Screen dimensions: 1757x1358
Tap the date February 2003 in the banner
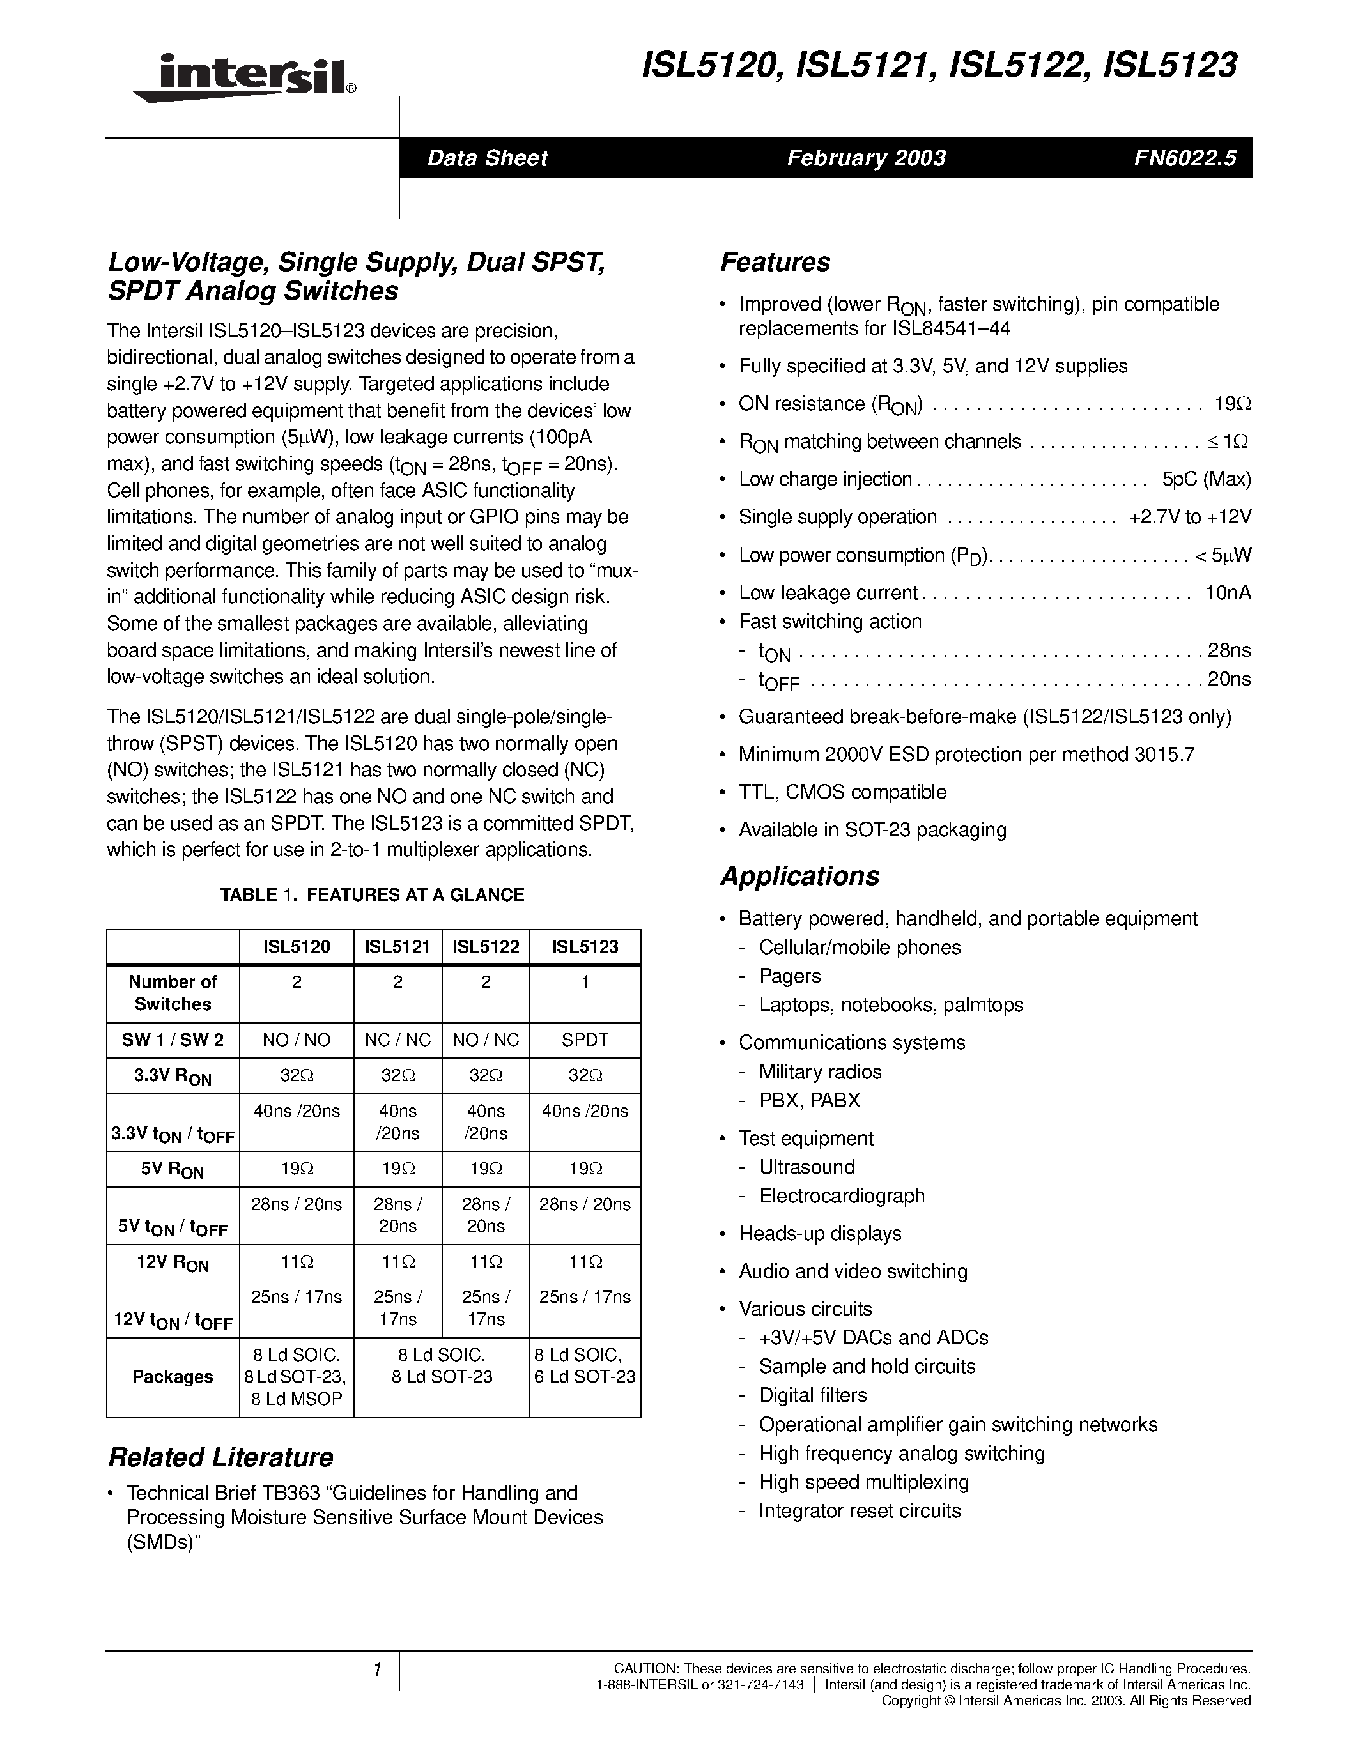tap(866, 158)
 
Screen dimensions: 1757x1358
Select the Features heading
tap(775, 262)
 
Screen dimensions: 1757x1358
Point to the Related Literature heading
tap(220, 1457)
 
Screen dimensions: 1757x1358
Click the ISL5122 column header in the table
tap(485, 947)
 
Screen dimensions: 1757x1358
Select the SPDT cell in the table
tap(585, 1040)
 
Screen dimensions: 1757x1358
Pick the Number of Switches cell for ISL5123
tap(585, 982)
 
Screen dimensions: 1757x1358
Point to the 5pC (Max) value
tap(1206, 479)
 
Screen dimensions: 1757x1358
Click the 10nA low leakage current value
tap(1227, 593)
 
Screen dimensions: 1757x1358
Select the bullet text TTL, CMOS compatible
tap(842, 792)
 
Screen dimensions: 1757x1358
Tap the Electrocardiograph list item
tap(842, 1195)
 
